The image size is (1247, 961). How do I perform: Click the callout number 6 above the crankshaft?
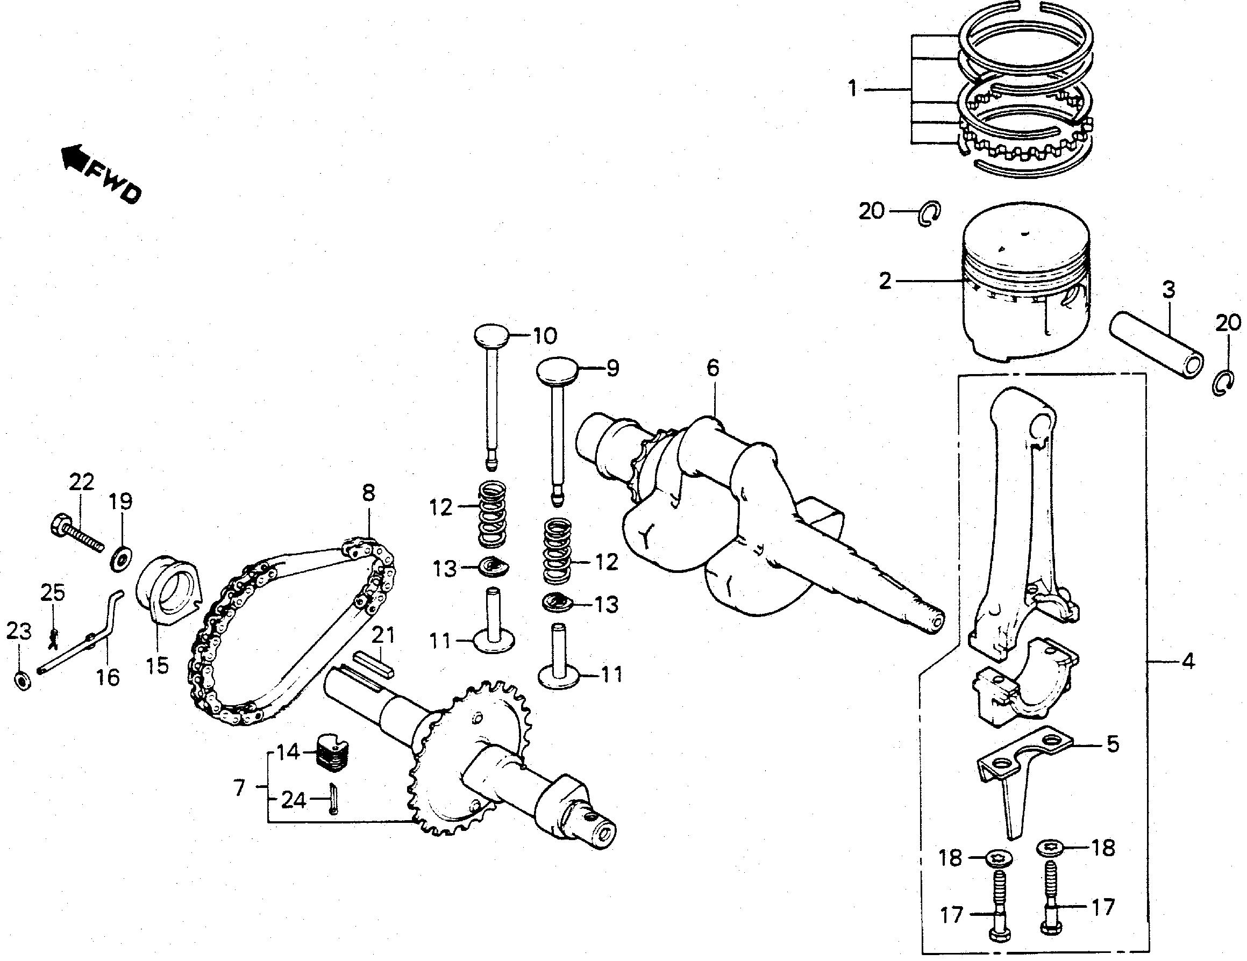pos(712,368)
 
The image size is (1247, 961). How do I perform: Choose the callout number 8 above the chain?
pos(368,493)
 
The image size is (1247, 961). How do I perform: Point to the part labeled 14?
pos(333,752)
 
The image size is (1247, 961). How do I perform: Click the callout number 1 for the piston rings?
pos(852,90)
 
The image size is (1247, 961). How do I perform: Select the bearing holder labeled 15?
pos(168,597)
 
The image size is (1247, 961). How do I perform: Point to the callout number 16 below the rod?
pos(109,678)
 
